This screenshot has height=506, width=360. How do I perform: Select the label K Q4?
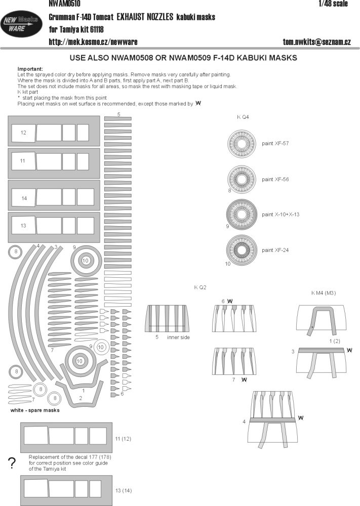coord(243,117)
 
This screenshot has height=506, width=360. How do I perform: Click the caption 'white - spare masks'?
coord(35,410)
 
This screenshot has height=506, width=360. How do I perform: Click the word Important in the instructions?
coord(30,68)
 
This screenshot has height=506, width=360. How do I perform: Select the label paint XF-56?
coord(275,179)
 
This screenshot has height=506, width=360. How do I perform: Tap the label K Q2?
coord(201,287)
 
